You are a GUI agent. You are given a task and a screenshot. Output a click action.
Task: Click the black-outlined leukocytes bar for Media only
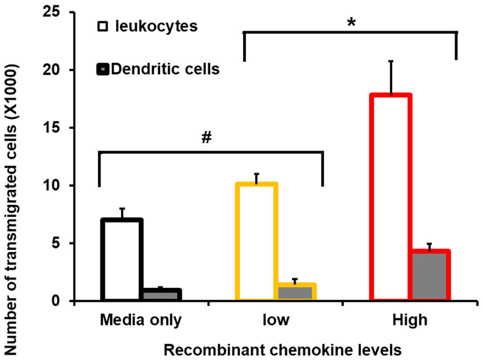(123, 260)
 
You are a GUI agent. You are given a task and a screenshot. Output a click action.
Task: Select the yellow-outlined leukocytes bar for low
(257, 242)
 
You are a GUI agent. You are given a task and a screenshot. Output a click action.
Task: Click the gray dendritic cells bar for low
(295, 292)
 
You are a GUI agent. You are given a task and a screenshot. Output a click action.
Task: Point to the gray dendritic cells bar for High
(429, 276)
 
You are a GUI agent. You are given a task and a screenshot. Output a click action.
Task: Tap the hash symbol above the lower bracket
(205, 138)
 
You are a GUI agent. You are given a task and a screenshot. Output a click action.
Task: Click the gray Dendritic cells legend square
(102, 69)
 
